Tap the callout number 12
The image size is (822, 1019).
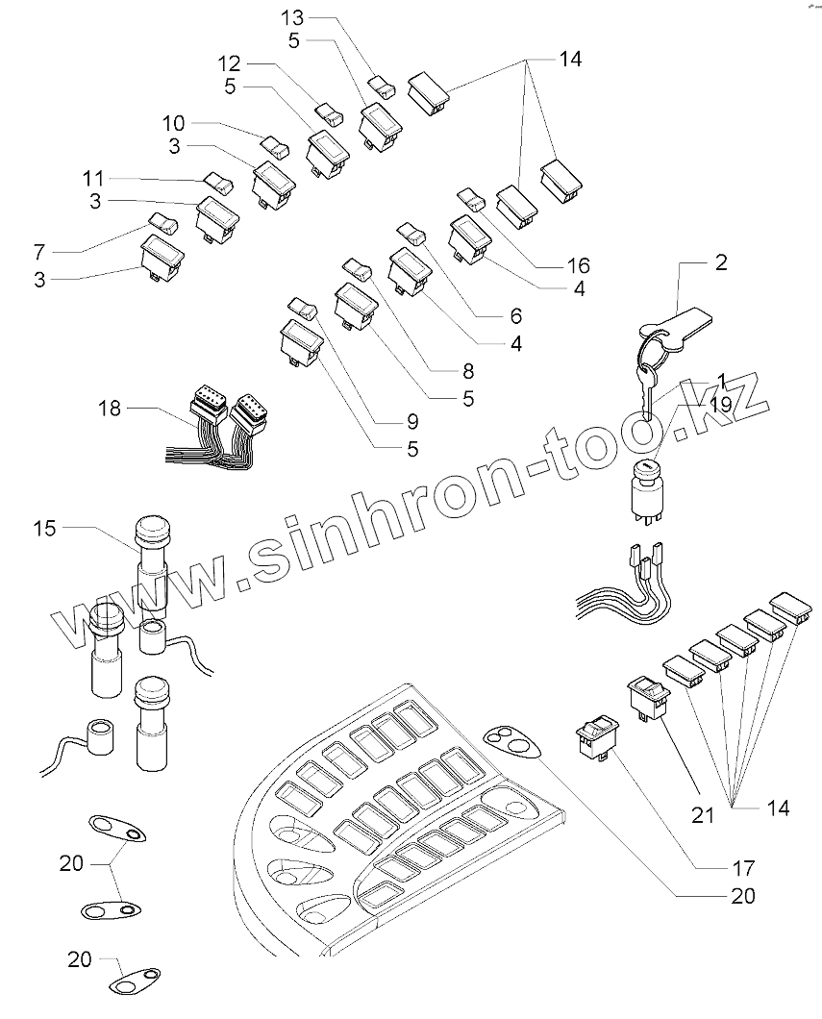coord(228,63)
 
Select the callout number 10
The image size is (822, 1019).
coord(174,123)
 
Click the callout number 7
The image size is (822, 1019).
coord(38,252)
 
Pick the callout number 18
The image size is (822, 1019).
coord(112,409)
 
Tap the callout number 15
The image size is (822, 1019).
coord(45,528)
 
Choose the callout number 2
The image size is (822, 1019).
coord(720,262)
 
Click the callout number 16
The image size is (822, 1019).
coord(579,265)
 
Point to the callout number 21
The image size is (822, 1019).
coord(705,816)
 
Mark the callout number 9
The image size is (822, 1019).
coord(412,421)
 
